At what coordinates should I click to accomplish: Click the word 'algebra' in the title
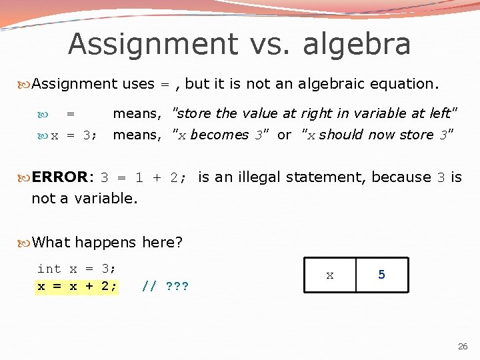coord(357,45)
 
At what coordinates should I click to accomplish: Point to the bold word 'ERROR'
coord(59,177)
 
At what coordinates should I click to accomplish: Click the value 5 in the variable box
coord(381,275)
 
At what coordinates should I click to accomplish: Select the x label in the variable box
coord(329,275)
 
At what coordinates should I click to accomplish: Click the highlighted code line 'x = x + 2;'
coord(77,286)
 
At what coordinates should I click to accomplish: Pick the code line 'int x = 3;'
coord(77,269)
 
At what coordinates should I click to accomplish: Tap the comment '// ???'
coord(165,287)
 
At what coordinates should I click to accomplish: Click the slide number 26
coord(463,347)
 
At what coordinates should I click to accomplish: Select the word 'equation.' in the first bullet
coord(406,84)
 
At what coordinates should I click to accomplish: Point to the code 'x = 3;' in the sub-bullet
coord(74,135)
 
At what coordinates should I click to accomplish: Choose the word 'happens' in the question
coord(105,243)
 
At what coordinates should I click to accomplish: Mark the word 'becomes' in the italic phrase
coord(219,135)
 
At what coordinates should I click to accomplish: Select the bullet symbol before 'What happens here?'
coord(25,243)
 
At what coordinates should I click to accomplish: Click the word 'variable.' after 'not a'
coord(104,199)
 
